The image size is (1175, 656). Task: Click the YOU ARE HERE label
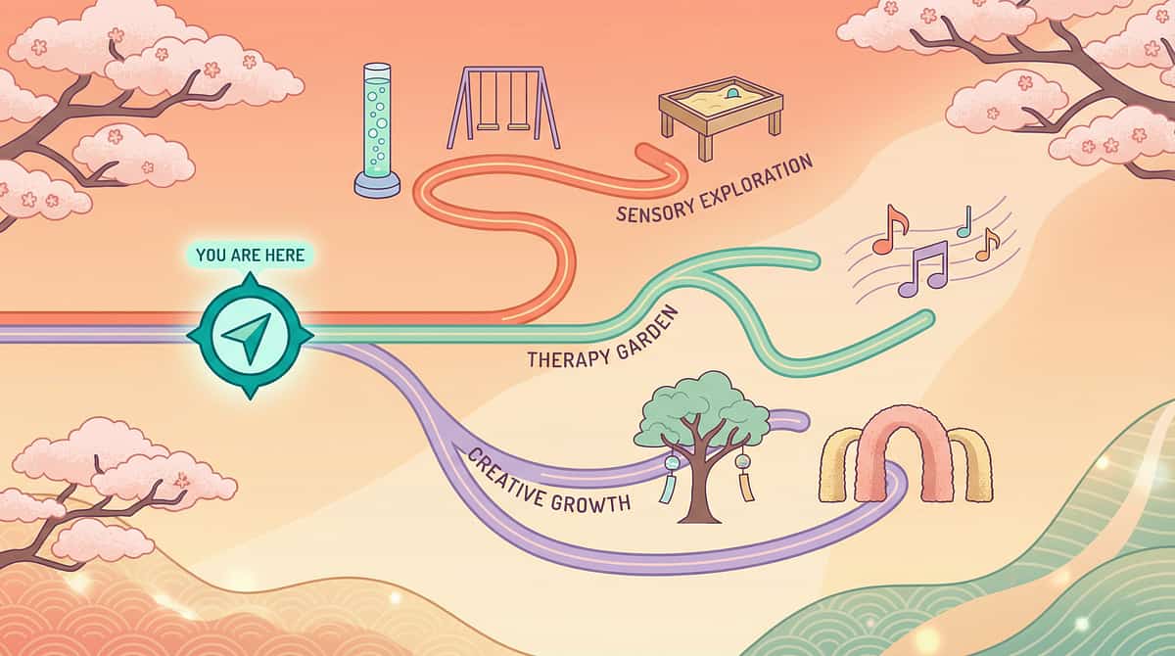pos(251,256)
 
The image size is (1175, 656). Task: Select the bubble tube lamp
pos(377,130)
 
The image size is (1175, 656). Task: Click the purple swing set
pos(503,108)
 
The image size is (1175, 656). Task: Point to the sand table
pos(721,117)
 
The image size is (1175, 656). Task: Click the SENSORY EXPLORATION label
pos(715,188)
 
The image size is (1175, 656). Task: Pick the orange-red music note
pos(889,230)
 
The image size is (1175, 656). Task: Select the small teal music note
pos(964,222)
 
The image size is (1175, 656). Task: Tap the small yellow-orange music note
pos(987,245)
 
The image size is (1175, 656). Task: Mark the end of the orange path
pos(644,152)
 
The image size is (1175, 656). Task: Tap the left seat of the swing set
pos(488,127)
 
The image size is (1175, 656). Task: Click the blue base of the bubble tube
pos(377,185)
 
